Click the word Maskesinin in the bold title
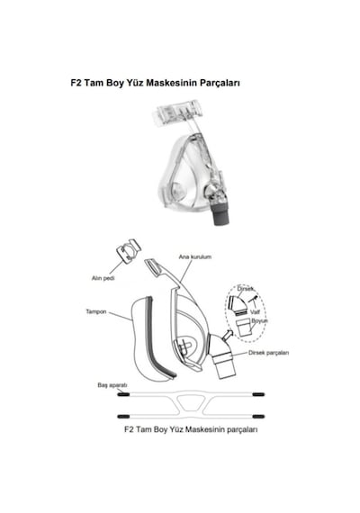(172, 83)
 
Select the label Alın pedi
(103, 278)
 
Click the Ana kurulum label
(195, 256)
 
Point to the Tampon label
(96, 311)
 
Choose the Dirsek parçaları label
(269, 353)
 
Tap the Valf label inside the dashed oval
(255, 312)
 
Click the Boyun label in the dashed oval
(259, 321)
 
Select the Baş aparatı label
(112, 385)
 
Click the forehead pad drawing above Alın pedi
(129, 250)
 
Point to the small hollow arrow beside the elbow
(228, 335)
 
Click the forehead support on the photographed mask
(177, 113)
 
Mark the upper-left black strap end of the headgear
(123, 394)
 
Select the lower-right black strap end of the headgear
(258, 417)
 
